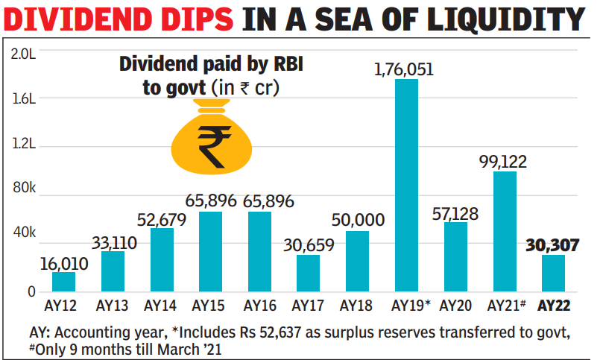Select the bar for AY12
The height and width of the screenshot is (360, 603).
[x=64, y=281]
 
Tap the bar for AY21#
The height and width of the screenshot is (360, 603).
[x=505, y=231]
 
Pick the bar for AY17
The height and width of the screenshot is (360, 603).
[x=309, y=273]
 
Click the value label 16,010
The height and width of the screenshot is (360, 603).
[x=64, y=262]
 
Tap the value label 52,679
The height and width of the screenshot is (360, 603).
[x=162, y=219]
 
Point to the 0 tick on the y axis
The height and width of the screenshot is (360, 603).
[x=31, y=291]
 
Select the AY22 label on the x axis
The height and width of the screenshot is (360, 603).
[x=553, y=306]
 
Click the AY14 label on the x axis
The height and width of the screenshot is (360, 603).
[x=161, y=306]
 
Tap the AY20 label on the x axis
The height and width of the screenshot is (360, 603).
[x=455, y=306]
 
